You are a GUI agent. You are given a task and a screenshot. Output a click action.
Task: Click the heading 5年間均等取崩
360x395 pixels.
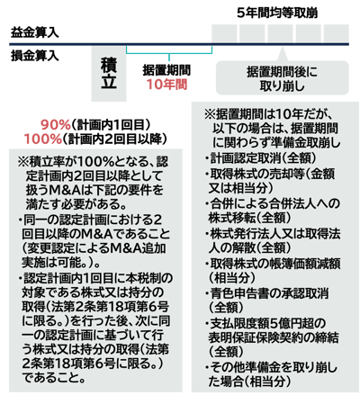[x=277, y=13]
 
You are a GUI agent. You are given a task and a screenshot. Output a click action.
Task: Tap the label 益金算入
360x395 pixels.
[x=35, y=32]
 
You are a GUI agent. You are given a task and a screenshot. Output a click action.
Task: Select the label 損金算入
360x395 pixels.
[x=35, y=56]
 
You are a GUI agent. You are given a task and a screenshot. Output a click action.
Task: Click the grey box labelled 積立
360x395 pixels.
[x=109, y=74]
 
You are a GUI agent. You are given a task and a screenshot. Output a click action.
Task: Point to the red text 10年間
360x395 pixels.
[x=166, y=85]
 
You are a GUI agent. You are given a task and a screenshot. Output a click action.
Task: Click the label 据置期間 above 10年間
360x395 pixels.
[x=166, y=70]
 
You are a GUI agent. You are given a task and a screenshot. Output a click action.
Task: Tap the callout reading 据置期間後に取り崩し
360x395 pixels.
[x=283, y=78]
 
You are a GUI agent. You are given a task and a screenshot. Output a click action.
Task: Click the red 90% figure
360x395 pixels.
[x=56, y=125]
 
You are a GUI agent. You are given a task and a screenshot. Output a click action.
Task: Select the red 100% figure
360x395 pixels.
[x=43, y=139]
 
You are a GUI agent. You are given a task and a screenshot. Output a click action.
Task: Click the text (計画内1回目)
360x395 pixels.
[x=111, y=125]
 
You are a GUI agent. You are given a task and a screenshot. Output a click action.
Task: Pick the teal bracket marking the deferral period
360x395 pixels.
[x=169, y=52]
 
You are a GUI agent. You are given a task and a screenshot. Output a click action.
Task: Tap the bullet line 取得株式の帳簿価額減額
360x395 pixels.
[x=273, y=264]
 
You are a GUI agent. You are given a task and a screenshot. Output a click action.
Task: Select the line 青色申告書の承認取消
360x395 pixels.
[x=266, y=293]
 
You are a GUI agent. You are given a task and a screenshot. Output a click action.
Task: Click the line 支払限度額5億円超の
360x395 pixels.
[x=265, y=323]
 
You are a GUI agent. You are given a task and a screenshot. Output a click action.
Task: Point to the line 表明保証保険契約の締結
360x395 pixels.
[x=274, y=337]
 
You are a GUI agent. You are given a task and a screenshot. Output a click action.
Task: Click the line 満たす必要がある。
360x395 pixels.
[x=76, y=204]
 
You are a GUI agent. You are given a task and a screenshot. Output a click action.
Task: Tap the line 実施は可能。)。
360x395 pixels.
[x=61, y=263]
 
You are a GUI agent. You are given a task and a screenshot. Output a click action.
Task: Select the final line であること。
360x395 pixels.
[x=54, y=377]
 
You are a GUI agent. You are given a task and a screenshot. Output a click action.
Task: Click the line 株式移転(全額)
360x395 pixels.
[x=249, y=218]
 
